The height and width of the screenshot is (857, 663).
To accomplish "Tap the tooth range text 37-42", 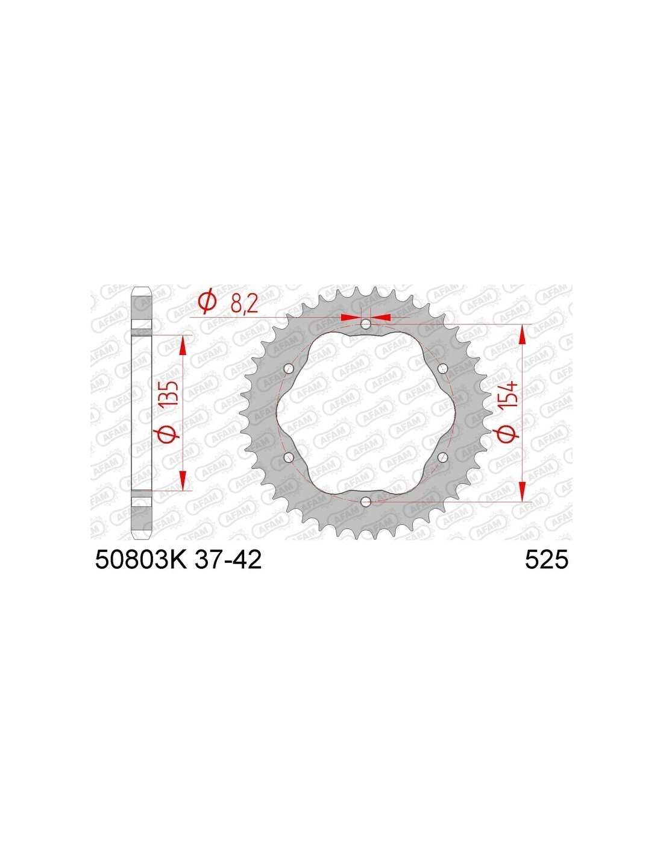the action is pyautogui.click(x=228, y=559).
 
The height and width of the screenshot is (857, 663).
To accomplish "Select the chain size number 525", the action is pyautogui.click(x=546, y=559).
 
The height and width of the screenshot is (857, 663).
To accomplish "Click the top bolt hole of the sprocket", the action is pyautogui.click(x=366, y=325).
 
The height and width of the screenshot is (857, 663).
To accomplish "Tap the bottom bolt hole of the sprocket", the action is pyautogui.click(x=366, y=501).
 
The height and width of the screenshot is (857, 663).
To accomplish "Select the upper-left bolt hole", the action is pyautogui.click(x=289, y=369).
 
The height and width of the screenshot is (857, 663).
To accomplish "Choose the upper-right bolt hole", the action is pyautogui.click(x=443, y=369).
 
